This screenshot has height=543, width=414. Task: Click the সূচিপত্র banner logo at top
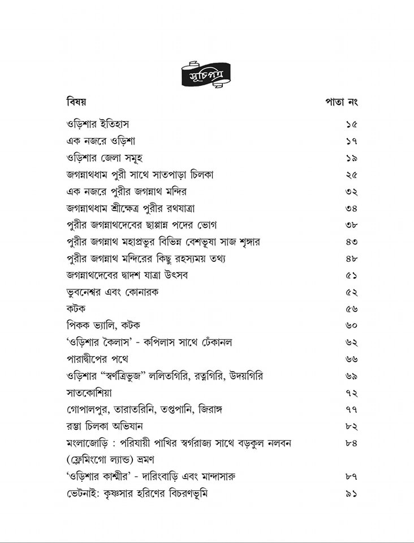pyautogui.click(x=206, y=74)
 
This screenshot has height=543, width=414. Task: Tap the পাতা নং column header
pyautogui.click(x=341, y=102)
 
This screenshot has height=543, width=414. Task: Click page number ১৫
pyautogui.click(x=351, y=124)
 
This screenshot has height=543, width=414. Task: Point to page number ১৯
pyautogui.click(x=351, y=158)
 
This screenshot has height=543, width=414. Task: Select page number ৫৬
pyautogui.click(x=351, y=309)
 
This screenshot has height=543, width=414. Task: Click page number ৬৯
pyautogui.click(x=351, y=376)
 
